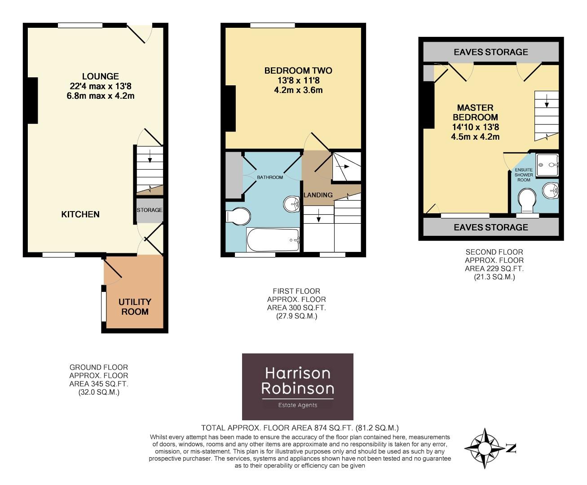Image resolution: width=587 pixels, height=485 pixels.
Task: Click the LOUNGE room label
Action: click(x=100, y=76)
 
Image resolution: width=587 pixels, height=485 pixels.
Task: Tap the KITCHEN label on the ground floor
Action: click(x=80, y=214)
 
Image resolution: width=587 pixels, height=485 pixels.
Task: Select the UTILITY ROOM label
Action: click(x=135, y=307)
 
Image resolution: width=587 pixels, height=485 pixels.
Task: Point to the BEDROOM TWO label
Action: click(x=298, y=71)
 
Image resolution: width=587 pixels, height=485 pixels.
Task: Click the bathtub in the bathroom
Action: click(x=273, y=239)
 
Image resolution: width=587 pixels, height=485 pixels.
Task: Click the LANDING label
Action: click(x=318, y=195)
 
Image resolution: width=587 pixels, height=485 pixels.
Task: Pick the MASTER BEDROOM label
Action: click(x=475, y=112)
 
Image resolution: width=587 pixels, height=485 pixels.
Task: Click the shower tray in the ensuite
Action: click(x=547, y=164)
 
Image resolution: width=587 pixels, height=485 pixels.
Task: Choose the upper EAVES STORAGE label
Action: click(x=491, y=52)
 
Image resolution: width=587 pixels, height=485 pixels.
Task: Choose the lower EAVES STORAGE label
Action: click(x=491, y=227)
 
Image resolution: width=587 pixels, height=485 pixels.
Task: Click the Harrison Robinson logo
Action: click(x=298, y=387)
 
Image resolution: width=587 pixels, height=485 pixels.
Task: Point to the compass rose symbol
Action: click(x=485, y=448)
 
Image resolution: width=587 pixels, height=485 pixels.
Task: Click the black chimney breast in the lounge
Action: click(x=32, y=101)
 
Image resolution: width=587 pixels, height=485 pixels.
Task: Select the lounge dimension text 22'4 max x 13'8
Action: click(x=100, y=86)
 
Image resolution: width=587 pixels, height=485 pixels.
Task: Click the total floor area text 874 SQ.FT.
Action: click(x=300, y=428)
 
